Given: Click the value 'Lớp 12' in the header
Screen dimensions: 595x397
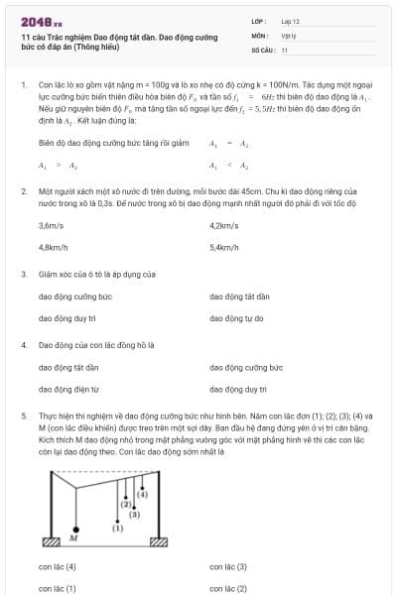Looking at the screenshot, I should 290,21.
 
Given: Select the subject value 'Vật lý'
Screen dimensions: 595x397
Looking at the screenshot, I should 289,35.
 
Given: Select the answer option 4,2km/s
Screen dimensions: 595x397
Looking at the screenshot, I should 224,225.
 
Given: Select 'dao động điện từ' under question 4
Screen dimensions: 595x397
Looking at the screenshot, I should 69,390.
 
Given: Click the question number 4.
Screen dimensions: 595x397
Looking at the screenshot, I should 23,345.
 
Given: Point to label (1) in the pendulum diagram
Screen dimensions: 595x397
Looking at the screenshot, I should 117,528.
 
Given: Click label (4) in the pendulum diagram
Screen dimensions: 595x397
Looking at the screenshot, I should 143,493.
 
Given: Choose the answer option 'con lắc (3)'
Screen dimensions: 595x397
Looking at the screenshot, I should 228,567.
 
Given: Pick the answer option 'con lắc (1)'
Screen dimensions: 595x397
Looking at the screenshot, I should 58,588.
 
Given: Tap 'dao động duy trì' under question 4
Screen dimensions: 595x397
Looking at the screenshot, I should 238,390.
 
